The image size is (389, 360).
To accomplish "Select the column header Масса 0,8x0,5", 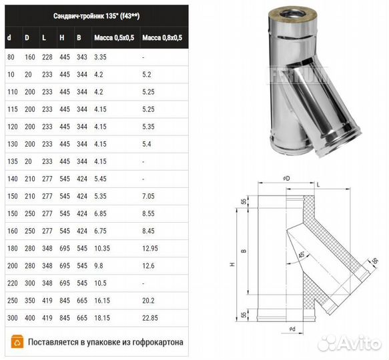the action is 162,38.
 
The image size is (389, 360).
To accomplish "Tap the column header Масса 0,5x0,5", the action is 114,38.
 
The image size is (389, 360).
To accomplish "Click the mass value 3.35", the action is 100,57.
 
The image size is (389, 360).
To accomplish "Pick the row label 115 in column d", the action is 13,109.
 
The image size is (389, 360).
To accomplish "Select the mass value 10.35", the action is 102,248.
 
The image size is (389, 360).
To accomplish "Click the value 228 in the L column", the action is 47,57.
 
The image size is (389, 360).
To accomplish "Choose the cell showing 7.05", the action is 148,196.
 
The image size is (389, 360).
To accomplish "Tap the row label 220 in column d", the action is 13,283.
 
